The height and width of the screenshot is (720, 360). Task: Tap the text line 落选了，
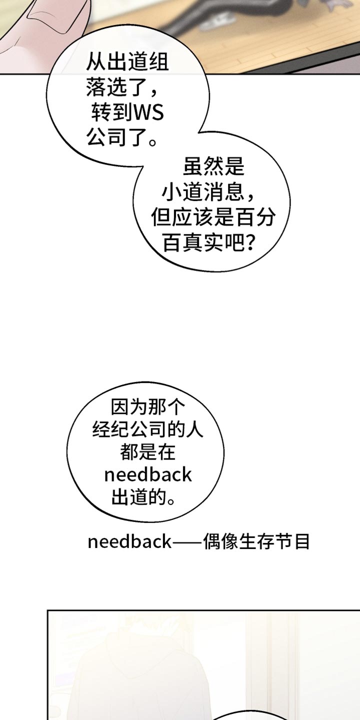122,87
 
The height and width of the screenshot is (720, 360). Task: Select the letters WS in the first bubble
148,113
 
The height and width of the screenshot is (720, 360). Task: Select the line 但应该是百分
213,217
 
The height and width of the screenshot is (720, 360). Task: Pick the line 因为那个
148,407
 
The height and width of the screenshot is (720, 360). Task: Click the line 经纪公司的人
148,429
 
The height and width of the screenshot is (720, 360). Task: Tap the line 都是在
148,452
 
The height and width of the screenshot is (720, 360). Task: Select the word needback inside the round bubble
148,475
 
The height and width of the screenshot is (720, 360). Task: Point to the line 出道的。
143,497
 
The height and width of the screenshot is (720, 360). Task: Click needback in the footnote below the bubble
129,542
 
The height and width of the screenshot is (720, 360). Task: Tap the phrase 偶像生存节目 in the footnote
256,541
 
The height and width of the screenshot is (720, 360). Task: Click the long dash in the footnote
187,542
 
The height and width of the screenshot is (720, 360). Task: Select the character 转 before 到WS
101,113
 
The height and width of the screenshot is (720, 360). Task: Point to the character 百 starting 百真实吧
173,242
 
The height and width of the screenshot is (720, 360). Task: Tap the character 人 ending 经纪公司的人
194,429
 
